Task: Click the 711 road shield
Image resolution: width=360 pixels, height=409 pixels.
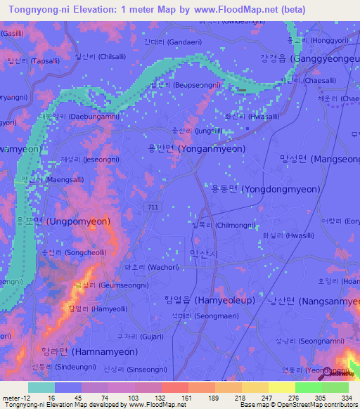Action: tap(153, 207)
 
